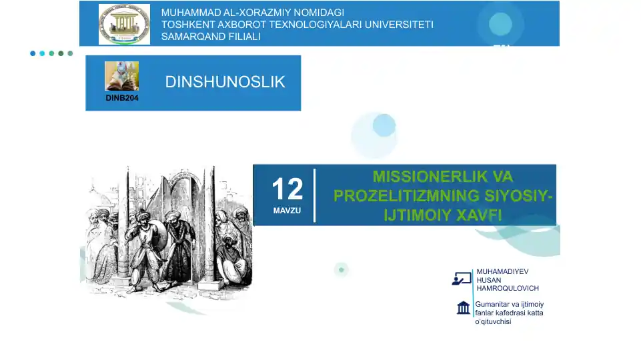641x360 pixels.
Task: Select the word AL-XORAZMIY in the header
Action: (251, 13)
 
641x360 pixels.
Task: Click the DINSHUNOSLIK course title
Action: (225, 82)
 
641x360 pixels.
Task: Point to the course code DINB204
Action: (122, 98)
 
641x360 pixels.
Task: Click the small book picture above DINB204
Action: (122, 76)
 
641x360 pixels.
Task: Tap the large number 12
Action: (287, 189)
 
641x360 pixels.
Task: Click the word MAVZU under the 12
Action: (287, 211)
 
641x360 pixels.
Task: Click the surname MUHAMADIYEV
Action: (502, 272)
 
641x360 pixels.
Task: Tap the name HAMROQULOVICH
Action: (508, 288)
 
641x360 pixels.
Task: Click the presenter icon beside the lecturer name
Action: (462, 279)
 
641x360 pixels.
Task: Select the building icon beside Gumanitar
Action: (463, 307)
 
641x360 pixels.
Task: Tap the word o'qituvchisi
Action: (493, 322)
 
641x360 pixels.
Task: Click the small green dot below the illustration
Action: (342, 269)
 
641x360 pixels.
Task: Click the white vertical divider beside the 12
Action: (315, 195)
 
